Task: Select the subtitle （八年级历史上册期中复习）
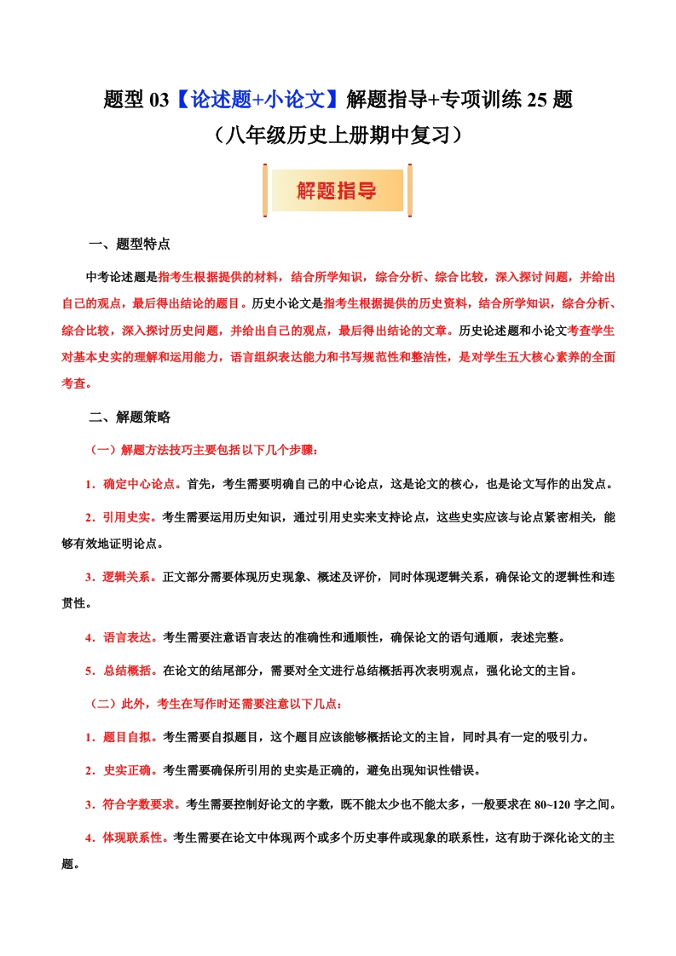click(x=338, y=135)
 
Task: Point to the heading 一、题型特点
click(x=130, y=245)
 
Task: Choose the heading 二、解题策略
click(x=130, y=418)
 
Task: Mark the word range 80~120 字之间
click(x=571, y=804)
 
